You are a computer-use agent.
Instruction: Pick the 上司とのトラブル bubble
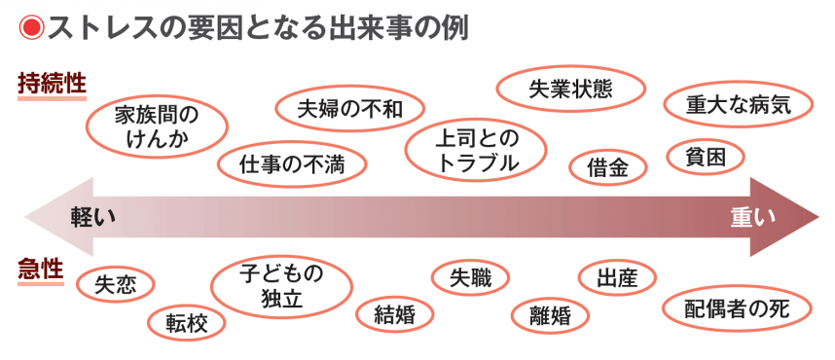pos(477,149)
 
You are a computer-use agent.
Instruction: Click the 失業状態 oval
pos(570,89)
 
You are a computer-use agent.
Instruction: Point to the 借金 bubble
pos(609,167)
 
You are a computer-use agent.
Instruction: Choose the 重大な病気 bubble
pos(738,105)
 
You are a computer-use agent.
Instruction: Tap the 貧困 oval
pos(707,156)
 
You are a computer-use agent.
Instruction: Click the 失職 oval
pos(470,278)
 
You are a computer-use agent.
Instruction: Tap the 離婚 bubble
pos(551,313)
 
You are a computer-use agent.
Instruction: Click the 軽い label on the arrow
pos(94,217)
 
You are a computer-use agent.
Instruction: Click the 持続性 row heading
pos(52,84)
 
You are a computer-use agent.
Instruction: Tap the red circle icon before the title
pos(30,28)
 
